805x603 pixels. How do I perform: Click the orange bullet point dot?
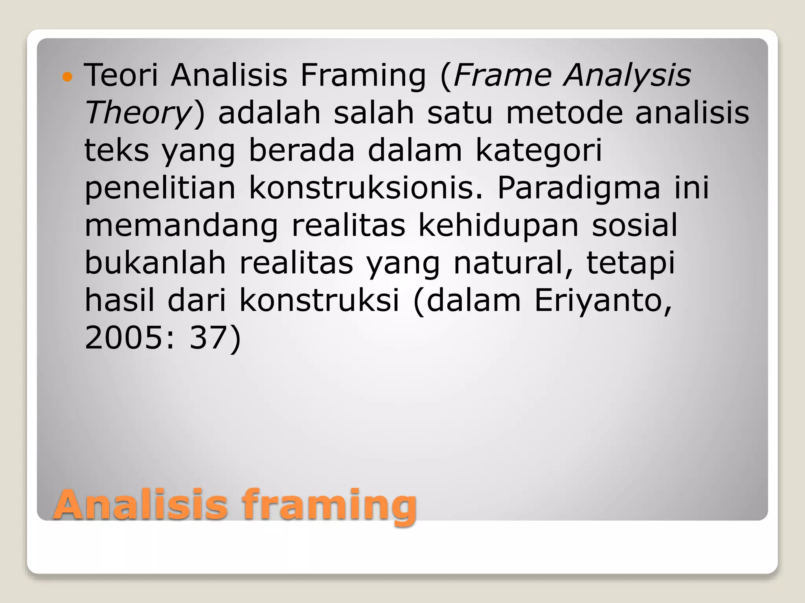(68, 77)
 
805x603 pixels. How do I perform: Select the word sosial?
(635, 225)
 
